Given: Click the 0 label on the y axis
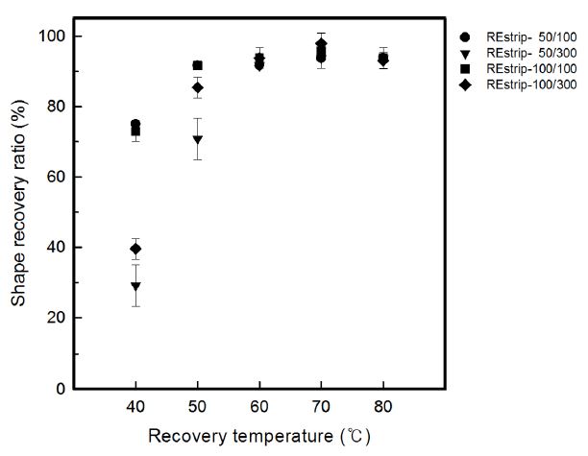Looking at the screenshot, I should pos(61,389).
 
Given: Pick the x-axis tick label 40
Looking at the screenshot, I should pos(135,406).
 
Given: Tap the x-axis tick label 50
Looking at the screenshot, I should pos(197,406).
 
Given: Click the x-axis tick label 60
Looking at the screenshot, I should pos(259,406).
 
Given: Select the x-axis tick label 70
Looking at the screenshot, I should pos(321,406).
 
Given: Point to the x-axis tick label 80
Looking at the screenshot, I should pos(383,406).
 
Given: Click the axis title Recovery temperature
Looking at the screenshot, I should pos(259,437).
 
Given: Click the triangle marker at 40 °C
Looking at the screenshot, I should pos(135,286).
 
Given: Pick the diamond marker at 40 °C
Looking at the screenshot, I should pos(135,249).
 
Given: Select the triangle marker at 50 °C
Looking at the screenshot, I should pos(197,139).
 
